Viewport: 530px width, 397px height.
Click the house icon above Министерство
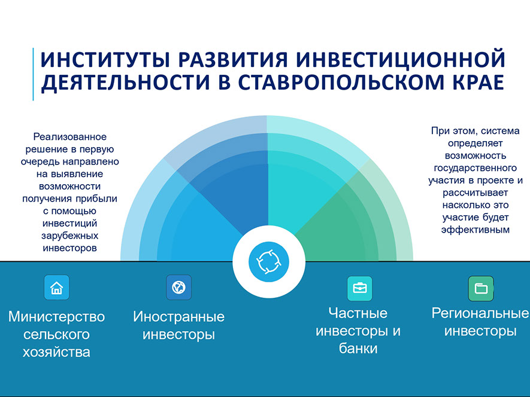[56, 288]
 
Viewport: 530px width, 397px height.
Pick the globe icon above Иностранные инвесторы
[178, 287]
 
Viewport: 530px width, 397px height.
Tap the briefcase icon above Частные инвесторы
[360, 288]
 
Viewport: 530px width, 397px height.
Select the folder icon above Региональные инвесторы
[481, 288]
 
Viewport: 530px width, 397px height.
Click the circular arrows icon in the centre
[269, 262]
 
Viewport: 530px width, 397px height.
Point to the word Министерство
[56, 317]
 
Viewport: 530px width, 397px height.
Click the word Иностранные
[178, 317]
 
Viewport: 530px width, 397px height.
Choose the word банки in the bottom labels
[358, 349]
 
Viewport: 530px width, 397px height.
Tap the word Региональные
[480, 313]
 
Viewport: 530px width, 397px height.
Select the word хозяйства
[56, 352]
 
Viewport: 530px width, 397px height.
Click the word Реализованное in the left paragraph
[70, 137]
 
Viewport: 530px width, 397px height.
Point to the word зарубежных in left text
[70, 236]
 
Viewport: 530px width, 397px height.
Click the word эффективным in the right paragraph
[476, 230]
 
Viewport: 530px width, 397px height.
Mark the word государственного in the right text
[476, 168]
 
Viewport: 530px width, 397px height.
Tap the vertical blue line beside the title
[33, 74]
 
